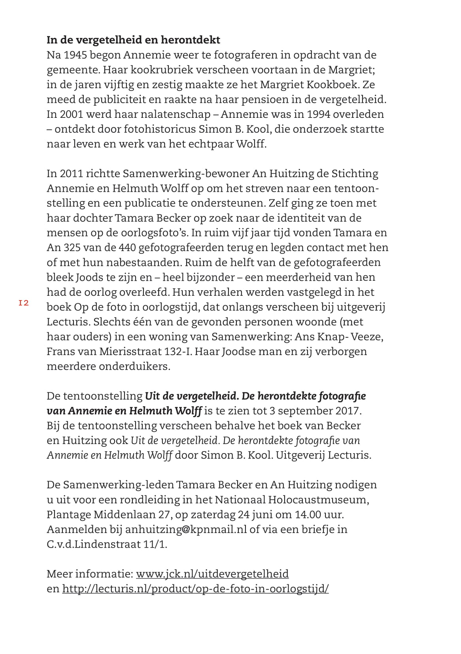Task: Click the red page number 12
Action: pos(24,303)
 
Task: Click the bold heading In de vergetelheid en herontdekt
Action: pos(133,40)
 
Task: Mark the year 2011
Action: pos(70,174)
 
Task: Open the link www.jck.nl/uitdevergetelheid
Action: pos(212,574)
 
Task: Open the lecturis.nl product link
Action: pos(195,589)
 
